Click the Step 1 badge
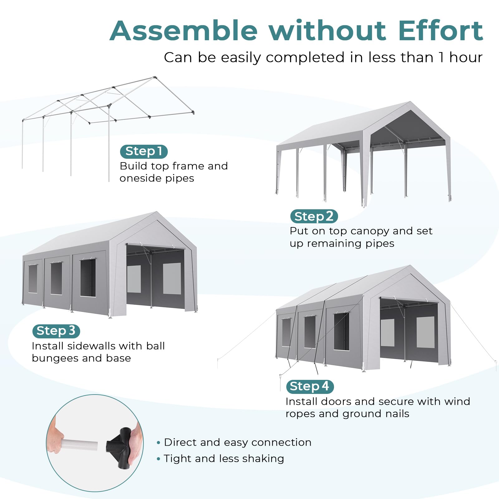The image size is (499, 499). click(x=144, y=152)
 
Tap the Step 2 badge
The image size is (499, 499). click(x=314, y=216)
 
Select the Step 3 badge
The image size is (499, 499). click(x=56, y=331)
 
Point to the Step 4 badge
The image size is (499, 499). click(x=310, y=386)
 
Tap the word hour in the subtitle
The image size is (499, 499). click(x=466, y=57)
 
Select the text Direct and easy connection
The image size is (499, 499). click(x=238, y=442)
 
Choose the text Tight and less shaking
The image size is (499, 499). click(x=224, y=459)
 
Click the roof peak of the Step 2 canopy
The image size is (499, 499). click(x=409, y=102)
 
